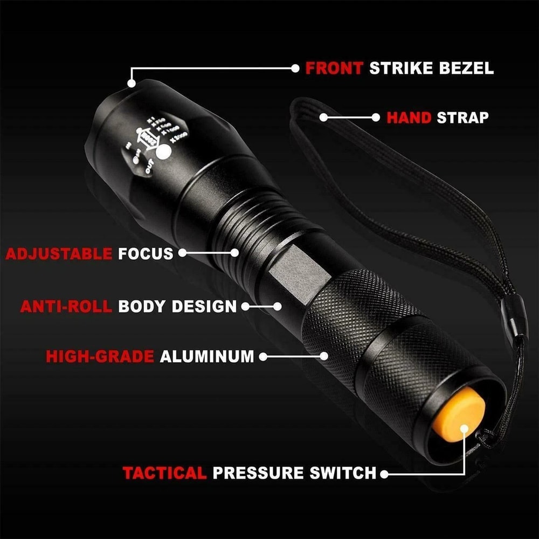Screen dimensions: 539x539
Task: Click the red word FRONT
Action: pos(335,68)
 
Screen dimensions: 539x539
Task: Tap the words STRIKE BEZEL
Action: pos(431,68)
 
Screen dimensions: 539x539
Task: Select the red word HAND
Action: pos(409,118)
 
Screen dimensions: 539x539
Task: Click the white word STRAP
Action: pos(462,118)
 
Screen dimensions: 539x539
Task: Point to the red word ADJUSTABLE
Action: pos(59,253)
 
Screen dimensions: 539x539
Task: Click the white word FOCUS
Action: pos(146,253)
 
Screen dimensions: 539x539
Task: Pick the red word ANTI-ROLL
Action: pos(66,306)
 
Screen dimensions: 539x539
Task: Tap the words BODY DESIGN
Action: pos(177,306)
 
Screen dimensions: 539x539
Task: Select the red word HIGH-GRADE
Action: pos(100,356)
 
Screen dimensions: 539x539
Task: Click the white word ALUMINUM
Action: pos(207,356)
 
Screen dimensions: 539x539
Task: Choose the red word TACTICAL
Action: pos(164,473)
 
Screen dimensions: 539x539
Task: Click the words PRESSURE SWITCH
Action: pos(294,473)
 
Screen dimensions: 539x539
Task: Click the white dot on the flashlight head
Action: pos(162,154)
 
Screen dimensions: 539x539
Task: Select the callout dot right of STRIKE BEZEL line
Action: pos(295,68)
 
